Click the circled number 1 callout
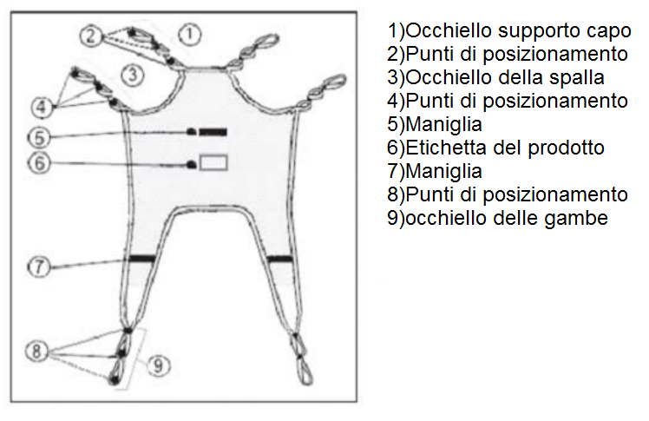pyautogui.click(x=189, y=34)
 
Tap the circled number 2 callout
pyautogui.click(x=91, y=36)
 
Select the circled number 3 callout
pyautogui.click(x=133, y=75)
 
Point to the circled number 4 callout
pyautogui.click(x=42, y=107)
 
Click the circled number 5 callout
pyautogui.click(x=39, y=137)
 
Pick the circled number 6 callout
pyautogui.click(x=39, y=162)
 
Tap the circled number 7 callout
pyautogui.click(x=39, y=266)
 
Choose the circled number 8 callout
pyautogui.click(x=36, y=351)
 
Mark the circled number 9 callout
pyautogui.click(x=159, y=365)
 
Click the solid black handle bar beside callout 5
pyautogui.click(x=213, y=132)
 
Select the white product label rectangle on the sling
pyautogui.click(x=213, y=162)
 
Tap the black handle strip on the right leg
pyautogui.click(x=279, y=260)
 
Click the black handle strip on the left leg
pyautogui.click(x=142, y=259)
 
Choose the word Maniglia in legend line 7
pyautogui.click(x=443, y=172)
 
